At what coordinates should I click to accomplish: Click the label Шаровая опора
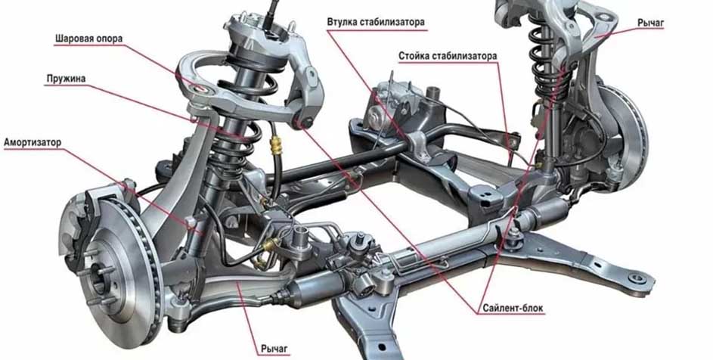[88, 39]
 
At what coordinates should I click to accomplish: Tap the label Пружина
[66, 79]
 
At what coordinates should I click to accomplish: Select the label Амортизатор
[33, 142]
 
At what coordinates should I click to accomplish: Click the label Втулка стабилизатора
[376, 22]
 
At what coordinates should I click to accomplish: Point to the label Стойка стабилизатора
[448, 56]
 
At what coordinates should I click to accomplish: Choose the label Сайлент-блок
[513, 308]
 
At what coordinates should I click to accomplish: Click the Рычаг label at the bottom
[274, 349]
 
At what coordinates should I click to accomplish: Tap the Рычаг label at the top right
[650, 22]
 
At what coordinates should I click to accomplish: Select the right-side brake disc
[624, 137]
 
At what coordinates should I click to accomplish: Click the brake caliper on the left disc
[79, 228]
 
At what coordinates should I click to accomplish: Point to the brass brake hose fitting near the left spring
[274, 146]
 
